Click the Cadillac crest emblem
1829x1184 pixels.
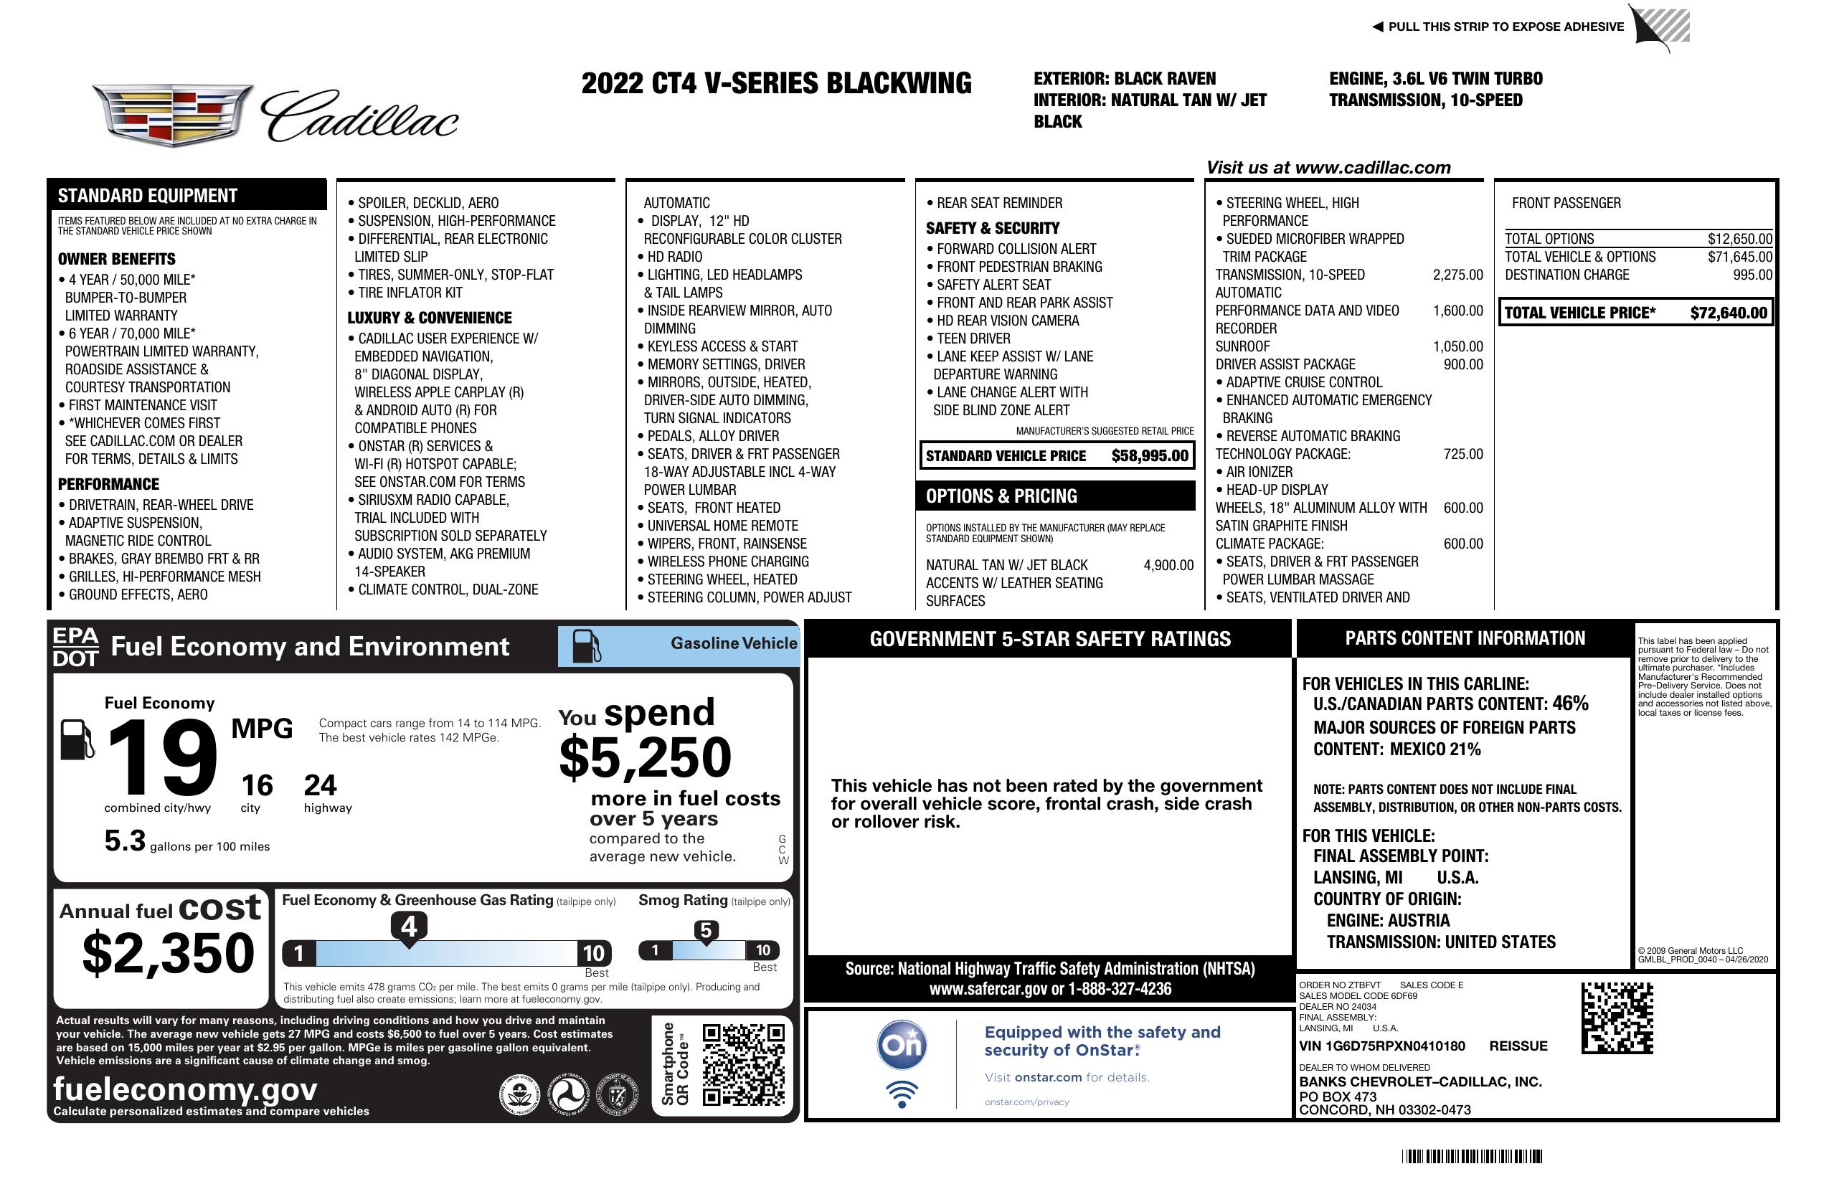click(172, 115)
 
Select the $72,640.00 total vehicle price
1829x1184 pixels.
click(1729, 313)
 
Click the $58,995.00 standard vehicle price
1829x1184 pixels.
click(1150, 455)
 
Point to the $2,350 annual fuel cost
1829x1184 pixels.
click(168, 953)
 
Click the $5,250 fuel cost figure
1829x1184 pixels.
click(646, 757)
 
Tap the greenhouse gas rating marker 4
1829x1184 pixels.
click(409, 927)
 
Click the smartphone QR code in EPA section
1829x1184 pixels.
click(742, 1064)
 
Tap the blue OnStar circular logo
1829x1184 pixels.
click(902, 1045)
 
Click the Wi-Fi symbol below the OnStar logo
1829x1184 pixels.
click(902, 1094)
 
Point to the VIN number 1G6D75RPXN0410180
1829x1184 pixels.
click(1381, 1046)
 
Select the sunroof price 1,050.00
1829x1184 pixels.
click(1457, 346)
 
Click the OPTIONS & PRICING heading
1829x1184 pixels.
click(1001, 496)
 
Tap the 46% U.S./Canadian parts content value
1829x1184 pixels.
click(1569, 703)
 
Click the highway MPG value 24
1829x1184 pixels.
click(320, 785)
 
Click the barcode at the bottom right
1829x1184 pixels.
click(1471, 1156)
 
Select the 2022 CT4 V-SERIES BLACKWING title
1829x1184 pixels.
click(776, 83)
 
